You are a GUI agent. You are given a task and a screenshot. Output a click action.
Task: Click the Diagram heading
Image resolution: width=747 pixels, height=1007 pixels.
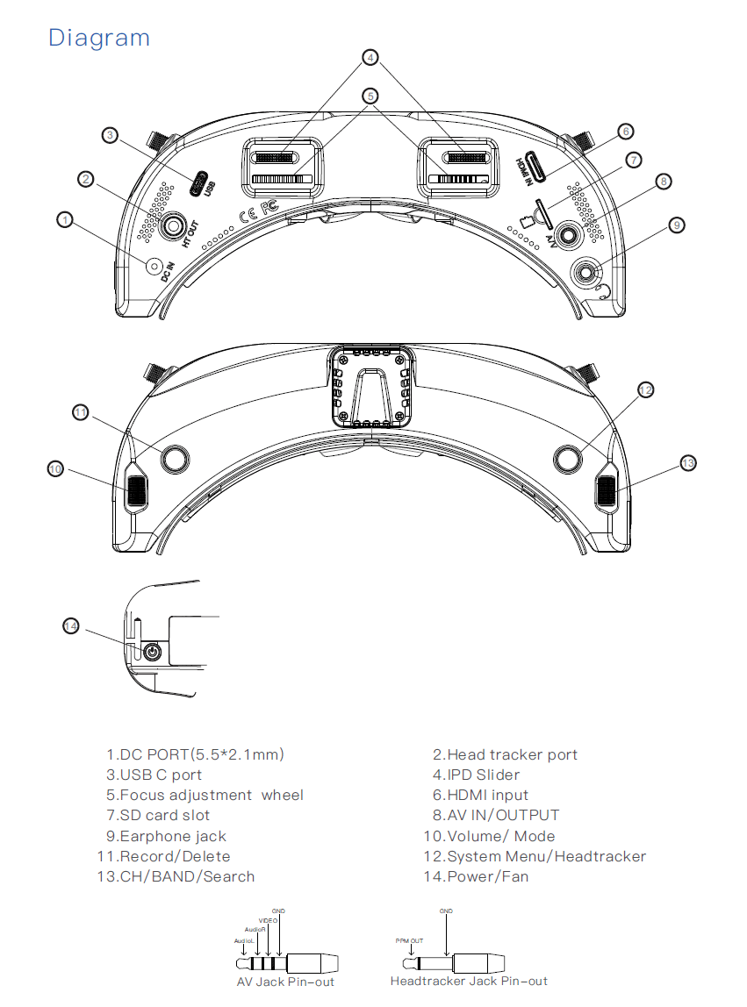point(99,38)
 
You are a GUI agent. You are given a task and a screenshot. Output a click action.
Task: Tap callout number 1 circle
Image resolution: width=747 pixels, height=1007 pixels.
point(64,219)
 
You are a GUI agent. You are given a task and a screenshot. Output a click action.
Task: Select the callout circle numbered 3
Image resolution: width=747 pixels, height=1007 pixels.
point(110,135)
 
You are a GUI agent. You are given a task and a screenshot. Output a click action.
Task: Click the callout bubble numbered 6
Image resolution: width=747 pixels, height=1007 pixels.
point(624,132)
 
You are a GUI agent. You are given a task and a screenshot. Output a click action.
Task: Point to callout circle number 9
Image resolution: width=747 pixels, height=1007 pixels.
point(675,225)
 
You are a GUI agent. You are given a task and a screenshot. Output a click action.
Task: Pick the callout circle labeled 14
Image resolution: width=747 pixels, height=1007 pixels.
point(71,625)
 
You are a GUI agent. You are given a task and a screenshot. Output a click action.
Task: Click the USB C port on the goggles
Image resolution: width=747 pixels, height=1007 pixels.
point(199,184)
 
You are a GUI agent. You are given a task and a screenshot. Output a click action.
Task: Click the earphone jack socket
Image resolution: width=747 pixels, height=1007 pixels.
point(585,274)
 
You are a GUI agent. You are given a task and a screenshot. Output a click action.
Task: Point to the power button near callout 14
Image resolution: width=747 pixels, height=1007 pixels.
point(153,652)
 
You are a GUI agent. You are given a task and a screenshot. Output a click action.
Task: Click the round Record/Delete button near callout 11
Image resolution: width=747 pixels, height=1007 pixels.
point(175,458)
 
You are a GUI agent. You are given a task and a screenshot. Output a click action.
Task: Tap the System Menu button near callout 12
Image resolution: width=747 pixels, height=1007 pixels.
point(568,458)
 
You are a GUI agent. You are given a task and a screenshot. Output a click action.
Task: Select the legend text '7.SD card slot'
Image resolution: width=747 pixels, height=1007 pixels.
point(158,816)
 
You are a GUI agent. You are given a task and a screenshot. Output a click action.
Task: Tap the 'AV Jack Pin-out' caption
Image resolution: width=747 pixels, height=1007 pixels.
point(285,982)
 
